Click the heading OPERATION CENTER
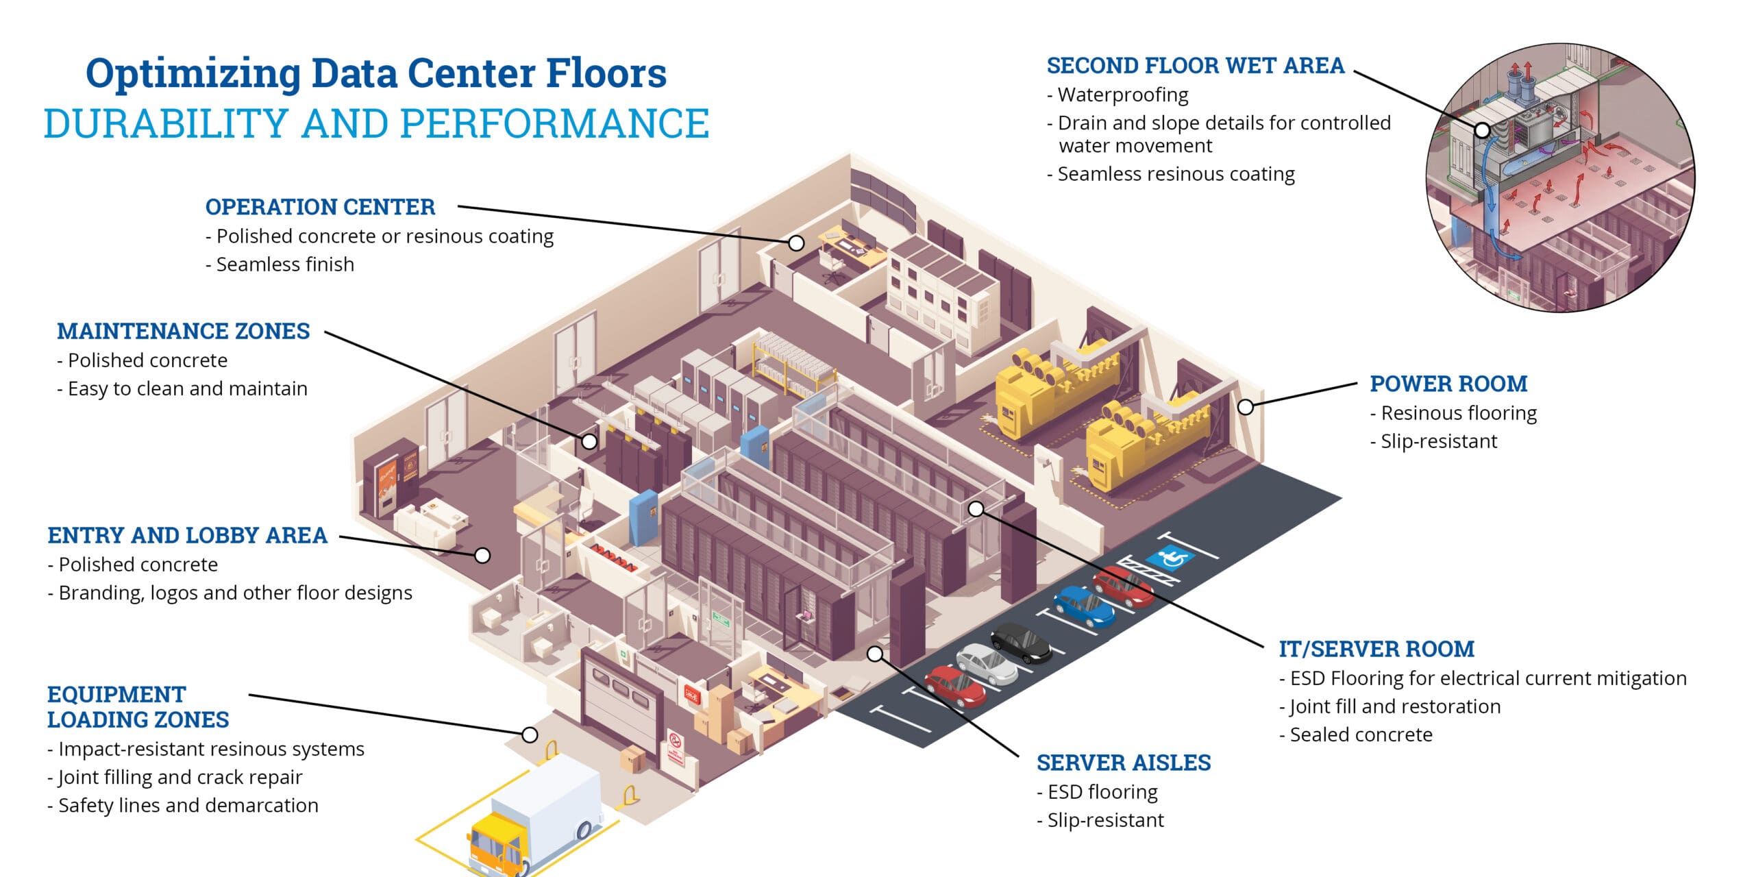[x=320, y=207]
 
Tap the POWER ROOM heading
[x=1448, y=384]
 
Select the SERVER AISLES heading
[x=1124, y=763]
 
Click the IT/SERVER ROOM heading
[x=1376, y=649]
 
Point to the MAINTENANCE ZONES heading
[x=183, y=331]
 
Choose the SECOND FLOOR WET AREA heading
[x=1196, y=66]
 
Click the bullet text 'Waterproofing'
[x=1123, y=95]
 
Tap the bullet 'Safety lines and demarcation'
[x=188, y=805]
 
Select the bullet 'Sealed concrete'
[x=1361, y=734]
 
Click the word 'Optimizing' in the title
[x=193, y=74]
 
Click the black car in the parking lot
[x=1021, y=642]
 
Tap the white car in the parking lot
[x=987, y=663]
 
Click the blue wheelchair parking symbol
[x=1170, y=557]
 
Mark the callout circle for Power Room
[x=1246, y=407]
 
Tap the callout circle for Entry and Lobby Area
[x=482, y=555]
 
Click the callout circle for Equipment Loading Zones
[x=530, y=734]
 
